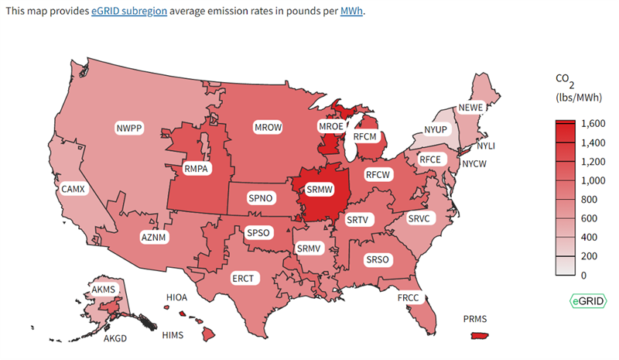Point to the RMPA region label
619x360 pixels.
pos(197,167)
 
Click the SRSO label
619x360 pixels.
pos(378,259)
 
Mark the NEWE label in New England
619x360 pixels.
pos(472,108)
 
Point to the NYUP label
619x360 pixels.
pos(436,129)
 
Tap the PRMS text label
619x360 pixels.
pos(475,318)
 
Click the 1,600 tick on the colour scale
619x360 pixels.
pos(593,123)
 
